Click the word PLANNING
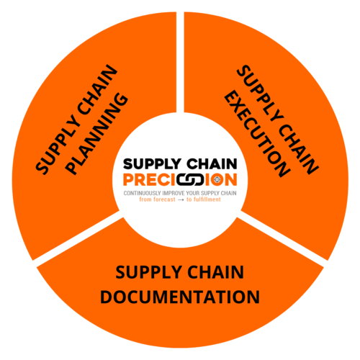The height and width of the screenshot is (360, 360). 97,134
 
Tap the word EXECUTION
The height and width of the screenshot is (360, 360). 257,134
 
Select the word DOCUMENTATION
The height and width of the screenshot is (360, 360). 180,297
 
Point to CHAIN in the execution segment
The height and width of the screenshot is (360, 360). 298,146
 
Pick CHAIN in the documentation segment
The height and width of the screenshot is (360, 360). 215,272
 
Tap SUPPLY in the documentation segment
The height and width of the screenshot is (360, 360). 148,273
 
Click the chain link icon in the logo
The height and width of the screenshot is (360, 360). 190,180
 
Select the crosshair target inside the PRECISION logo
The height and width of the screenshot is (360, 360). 217,179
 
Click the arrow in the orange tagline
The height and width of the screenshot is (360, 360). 181,200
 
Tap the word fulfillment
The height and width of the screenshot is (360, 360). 207,199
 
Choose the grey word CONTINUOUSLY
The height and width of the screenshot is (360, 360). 142,193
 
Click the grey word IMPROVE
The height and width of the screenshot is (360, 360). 171,193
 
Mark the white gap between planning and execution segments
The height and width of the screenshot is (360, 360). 180,62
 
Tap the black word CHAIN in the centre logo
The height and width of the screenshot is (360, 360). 212,164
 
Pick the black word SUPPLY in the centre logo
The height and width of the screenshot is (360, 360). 152,164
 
